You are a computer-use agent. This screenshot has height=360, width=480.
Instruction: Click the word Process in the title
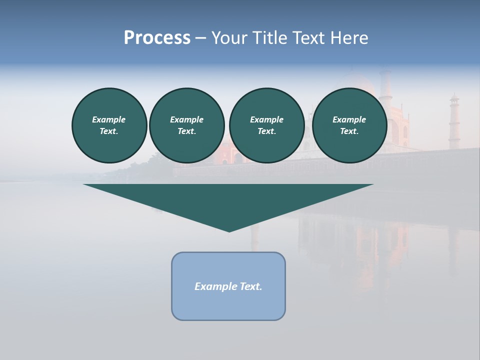point(157,38)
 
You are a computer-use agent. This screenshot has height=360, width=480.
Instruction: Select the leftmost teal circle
point(109,125)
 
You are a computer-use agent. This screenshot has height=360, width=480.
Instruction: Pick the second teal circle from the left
point(187,125)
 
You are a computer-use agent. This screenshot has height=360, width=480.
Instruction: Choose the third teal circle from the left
point(267,125)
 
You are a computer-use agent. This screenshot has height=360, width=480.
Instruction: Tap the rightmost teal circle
point(349,125)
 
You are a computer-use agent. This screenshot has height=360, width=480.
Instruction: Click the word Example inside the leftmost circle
point(109,119)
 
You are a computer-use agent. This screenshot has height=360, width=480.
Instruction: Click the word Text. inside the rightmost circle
point(349,131)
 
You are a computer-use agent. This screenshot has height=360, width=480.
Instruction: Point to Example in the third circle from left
point(267,119)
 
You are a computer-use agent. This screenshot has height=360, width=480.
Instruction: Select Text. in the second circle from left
point(187,131)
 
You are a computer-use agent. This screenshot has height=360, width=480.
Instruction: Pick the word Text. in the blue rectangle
point(251,286)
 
